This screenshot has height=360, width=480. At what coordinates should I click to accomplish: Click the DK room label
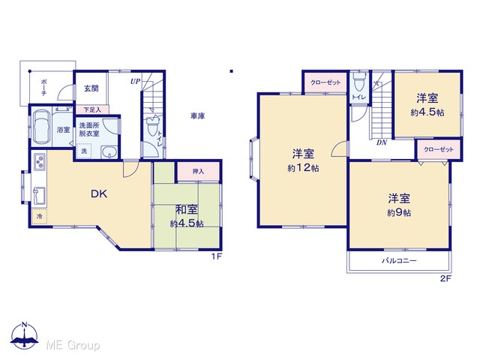99,193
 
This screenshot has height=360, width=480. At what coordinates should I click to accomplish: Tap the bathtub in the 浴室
41,127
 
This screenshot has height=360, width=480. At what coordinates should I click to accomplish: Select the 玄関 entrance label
91,88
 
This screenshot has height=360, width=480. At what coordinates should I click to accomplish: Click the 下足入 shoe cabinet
92,109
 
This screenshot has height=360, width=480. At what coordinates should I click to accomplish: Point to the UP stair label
135,82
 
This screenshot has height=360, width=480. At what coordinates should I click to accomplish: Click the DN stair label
382,142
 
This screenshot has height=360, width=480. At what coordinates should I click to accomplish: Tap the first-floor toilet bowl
152,125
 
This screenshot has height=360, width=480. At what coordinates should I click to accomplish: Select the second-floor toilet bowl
358,82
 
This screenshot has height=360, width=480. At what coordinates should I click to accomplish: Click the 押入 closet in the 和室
198,172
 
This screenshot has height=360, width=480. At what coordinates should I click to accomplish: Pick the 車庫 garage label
197,116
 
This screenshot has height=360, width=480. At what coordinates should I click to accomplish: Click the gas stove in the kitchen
40,162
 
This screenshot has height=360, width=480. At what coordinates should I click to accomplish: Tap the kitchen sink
39,196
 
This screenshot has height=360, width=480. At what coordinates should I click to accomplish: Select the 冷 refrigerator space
40,217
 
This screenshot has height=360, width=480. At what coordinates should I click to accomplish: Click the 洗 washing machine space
83,151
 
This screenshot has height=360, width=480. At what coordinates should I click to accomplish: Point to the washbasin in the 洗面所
109,151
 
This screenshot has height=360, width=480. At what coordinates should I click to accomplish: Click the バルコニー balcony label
399,261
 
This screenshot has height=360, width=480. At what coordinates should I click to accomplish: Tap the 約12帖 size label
303,168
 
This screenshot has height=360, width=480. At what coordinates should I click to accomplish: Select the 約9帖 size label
399,212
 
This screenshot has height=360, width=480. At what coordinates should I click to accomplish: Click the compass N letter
25,325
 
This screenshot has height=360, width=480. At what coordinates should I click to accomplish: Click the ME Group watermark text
73,346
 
